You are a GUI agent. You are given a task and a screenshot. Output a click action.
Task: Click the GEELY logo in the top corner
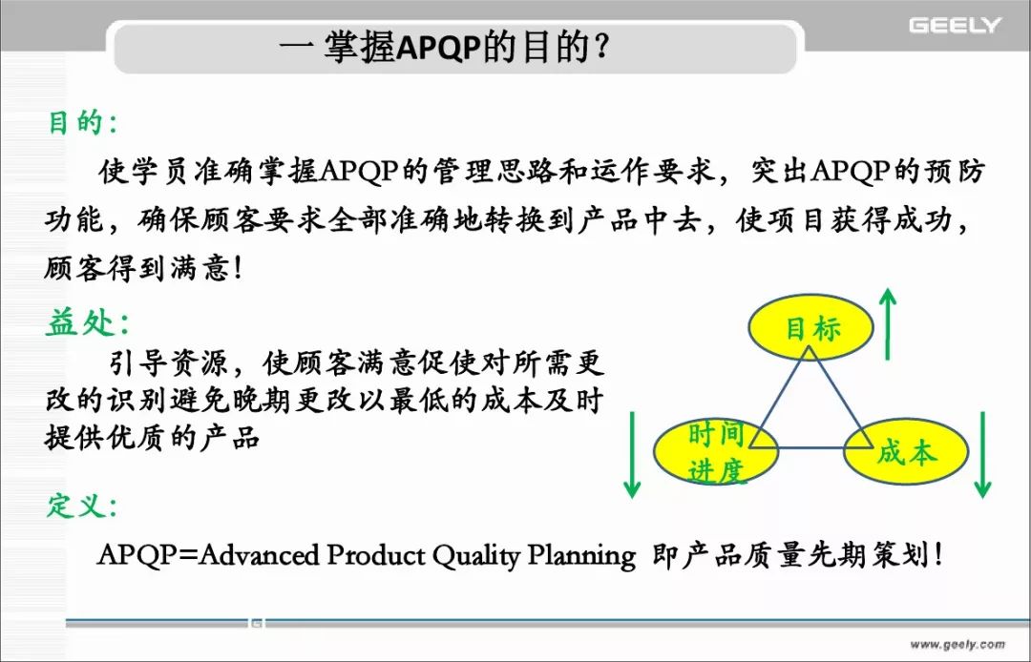pos(955,26)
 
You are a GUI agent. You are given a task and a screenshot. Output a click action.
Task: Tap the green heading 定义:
pos(82,506)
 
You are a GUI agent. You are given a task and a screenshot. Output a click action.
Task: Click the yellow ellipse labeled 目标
pos(810,327)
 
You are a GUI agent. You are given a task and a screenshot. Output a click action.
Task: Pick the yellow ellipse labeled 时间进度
pos(716,452)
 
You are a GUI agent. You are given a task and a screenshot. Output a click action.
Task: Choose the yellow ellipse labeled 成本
pos(905,452)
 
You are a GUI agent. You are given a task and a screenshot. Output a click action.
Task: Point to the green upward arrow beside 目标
pos(889,323)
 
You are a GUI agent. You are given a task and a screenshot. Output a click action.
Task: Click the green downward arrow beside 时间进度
pos(632,454)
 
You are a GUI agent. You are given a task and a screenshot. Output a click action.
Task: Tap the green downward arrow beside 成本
pos(982,454)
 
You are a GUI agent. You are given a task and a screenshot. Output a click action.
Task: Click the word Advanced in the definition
pos(259,555)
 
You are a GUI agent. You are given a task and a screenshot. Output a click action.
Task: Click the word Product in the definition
pos(376,555)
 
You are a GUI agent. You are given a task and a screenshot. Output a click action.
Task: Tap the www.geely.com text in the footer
pos(957,644)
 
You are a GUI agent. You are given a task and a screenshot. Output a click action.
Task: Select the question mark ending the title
pos(600,48)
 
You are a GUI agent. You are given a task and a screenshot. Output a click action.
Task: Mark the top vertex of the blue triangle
pos(810,347)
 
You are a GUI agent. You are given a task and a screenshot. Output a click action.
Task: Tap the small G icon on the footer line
pos(256,623)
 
